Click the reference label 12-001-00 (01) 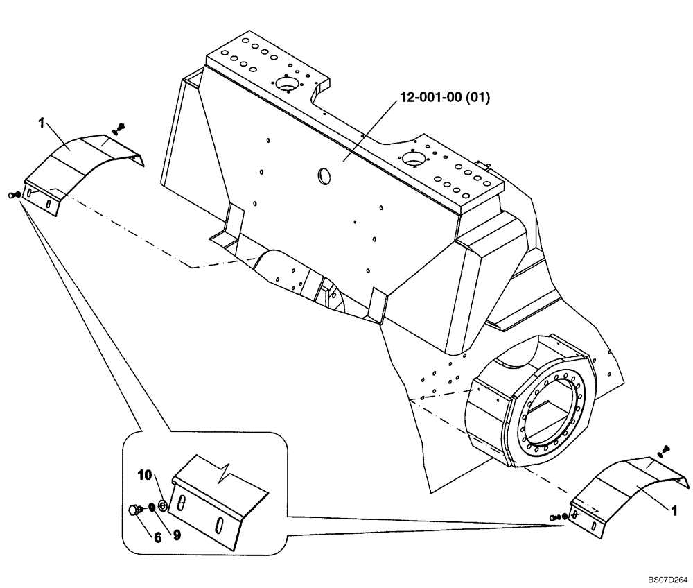[443, 98]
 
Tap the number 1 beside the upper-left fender [42, 123]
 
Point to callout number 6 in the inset [158, 536]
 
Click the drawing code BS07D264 [668, 578]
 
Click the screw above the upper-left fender [120, 128]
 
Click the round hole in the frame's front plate [324, 177]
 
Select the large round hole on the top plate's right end [413, 160]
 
